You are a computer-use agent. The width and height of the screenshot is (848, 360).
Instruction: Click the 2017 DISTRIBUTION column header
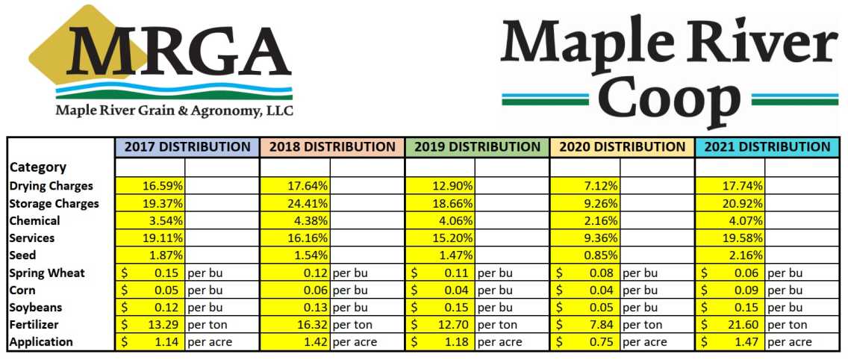coord(187,147)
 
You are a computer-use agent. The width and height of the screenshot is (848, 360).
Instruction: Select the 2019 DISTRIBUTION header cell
coord(477,147)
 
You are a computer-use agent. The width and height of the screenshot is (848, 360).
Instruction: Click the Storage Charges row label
coord(54,203)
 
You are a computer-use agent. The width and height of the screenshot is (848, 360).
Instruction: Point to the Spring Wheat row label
coord(47,273)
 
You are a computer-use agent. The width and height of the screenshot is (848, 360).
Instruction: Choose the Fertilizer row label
coord(35,324)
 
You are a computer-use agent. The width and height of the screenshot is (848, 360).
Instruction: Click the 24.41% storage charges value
coord(308,203)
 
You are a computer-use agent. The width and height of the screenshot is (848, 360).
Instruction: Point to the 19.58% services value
coord(743,238)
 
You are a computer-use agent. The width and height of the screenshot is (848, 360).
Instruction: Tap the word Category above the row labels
coord(38,167)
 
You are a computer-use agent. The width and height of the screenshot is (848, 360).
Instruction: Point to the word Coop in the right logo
coord(671,99)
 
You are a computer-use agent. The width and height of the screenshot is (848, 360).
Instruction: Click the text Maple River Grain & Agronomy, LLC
coord(174,111)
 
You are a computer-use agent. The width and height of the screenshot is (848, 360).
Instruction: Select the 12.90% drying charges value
coord(453,186)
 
